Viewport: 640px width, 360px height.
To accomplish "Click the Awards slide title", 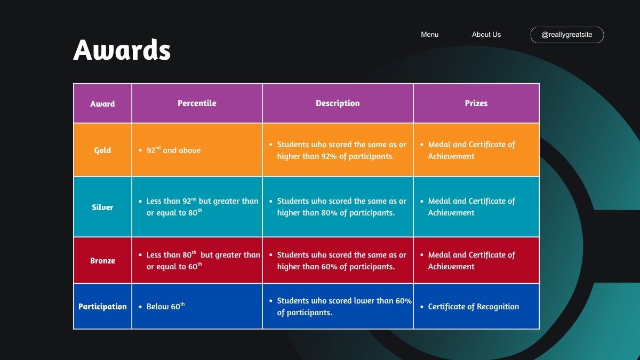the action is click(122, 50).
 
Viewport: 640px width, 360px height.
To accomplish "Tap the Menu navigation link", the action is click(429, 35).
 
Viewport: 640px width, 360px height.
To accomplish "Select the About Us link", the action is click(486, 35).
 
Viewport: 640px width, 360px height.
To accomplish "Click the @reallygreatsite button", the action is click(567, 35).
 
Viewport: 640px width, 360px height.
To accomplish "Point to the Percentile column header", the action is click(197, 103).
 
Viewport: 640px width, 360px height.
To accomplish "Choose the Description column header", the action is click(338, 103).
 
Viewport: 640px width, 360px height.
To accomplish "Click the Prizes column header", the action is click(476, 103).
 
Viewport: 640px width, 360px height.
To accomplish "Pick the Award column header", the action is click(102, 103).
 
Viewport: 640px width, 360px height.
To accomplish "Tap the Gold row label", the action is click(102, 150).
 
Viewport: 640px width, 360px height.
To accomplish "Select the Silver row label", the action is click(102, 207).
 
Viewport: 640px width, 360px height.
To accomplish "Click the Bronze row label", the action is click(102, 261).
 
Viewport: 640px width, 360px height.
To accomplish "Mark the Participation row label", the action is click(102, 307).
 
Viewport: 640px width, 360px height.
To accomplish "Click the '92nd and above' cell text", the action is click(173, 150).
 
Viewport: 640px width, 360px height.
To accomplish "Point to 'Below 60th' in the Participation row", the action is click(165, 306).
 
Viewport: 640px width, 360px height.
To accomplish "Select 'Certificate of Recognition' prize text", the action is click(474, 307).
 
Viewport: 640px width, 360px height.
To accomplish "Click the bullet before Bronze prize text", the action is click(422, 255).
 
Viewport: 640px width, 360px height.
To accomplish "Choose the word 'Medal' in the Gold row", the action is click(439, 145).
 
